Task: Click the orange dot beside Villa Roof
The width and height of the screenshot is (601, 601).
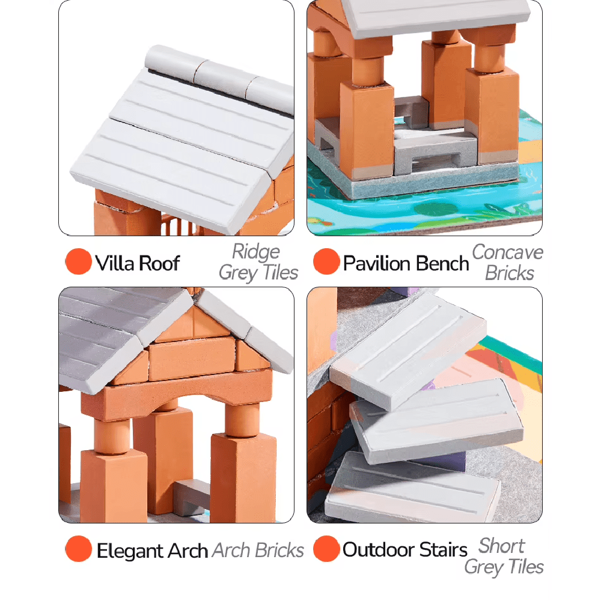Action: (x=79, y=261)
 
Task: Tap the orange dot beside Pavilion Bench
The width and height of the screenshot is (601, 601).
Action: (x=326, y=261)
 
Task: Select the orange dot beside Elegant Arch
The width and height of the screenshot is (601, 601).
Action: (x=79, y=549)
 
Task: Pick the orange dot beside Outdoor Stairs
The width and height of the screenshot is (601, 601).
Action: (x=326, y=549)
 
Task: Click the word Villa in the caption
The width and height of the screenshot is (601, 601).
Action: (x=114, y=263)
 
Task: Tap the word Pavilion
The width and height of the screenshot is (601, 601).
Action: (x=377, y=263)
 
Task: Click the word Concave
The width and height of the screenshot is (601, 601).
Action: (x=507, y=252)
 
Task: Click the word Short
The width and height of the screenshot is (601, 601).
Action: (x=502, y=546)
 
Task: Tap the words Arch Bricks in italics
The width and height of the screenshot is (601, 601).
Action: (x=258, y=551)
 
